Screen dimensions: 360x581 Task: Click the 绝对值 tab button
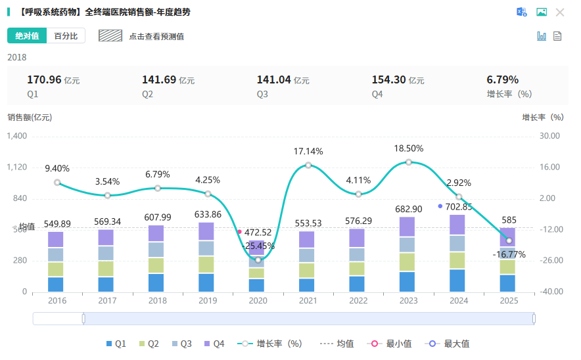click(27, 35)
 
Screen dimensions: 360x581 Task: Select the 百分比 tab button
click(66, 35)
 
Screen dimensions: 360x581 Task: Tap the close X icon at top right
click(560, 12)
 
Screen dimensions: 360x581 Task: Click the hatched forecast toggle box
click(110, 35)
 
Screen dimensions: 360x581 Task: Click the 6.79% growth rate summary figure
click(502, 79)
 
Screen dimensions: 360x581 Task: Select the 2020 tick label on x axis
click(258, 300)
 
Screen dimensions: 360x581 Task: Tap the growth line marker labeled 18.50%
click(409, 162)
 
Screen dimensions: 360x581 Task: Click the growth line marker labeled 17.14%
click(308, 165)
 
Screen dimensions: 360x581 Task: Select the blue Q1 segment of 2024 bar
click(459, 281)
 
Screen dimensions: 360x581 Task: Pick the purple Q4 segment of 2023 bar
click(409, 227)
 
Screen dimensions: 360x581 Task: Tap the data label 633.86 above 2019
click(208, 215)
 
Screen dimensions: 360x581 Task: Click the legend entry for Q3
click(182, 344)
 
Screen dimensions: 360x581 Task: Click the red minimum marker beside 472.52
click(239, 232)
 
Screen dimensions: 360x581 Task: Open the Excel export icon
click(522, 12)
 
